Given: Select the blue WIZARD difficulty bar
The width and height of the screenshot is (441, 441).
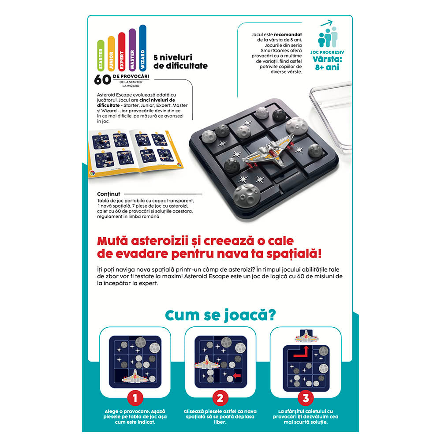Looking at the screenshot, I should pyautogui.click(x=142, y=49).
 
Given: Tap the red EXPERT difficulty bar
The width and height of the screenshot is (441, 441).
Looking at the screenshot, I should pyautogui.click(x=122, y=53).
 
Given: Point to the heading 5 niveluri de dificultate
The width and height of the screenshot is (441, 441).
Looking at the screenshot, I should pyautogui.click(x=180, y=62).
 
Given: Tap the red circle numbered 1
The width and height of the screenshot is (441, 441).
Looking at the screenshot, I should pyautogui.click(x=135, y=398).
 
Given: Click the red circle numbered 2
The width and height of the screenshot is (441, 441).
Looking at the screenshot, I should pyautogui.click(x=220, y=398).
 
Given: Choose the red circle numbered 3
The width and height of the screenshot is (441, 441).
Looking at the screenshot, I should pyautogui.click(x=305, y=398).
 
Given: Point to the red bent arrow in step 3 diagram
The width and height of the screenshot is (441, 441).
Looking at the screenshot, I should pyautogui.click(x=301, y=351).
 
